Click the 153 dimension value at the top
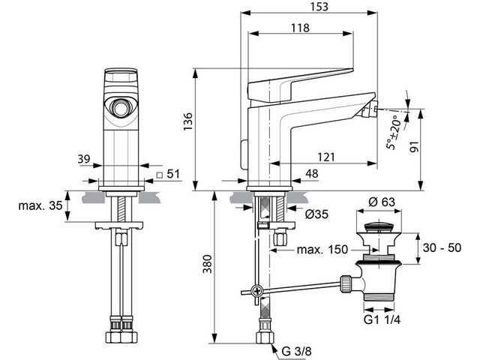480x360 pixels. [319, 7]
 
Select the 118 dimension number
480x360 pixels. [300, 28]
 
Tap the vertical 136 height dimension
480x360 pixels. [188, 121]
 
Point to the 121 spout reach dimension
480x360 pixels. [326, 157]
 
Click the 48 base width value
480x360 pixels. [312, 173]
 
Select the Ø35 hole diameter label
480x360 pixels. [316, 214]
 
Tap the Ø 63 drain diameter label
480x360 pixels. [382, 202]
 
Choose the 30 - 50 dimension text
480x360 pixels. [442, 247]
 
